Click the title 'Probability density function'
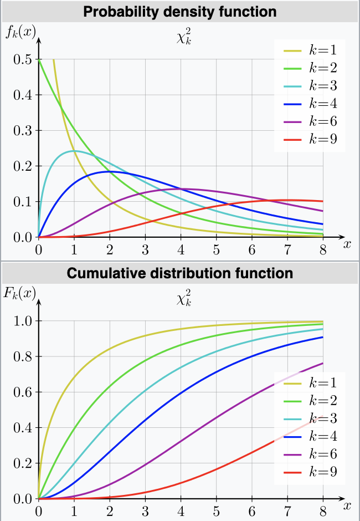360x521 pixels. pyautogui.click(x=179, y=12)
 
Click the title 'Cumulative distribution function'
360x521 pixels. pyautogui.click(x=179, y=273)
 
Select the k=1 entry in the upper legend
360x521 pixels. pyautogui.click(x=310, y=50)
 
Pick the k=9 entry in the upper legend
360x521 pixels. pyautogui.click(x=310, y=139)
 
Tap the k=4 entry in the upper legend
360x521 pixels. pyautogui.click(x=310, y=104)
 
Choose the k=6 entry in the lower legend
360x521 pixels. pyautogui.click(x=310, y=454)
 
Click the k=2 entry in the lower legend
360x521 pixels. pyautogui.click(x=310, y=401)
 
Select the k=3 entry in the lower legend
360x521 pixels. pyautogui.click(x=310, y=418)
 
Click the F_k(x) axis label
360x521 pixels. pyautogui.click(x=19, y=293)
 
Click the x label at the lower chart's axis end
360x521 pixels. pyautogui.click(x=347, y=505)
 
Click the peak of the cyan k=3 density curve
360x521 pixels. pyautogui.click(x=74, y=151)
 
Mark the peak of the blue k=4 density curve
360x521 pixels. pyautogui.click(x=110, y=172)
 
